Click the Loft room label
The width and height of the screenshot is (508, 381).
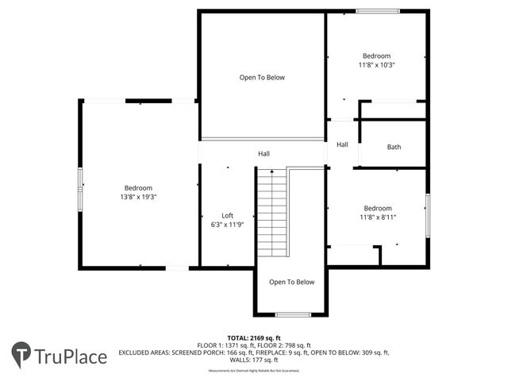point(227,215)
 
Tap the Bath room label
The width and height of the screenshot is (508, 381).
point(394,147)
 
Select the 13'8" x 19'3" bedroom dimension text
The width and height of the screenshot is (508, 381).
point(138,196)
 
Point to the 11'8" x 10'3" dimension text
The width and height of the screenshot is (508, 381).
point(376,65)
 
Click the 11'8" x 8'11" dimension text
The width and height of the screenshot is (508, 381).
point(377,217)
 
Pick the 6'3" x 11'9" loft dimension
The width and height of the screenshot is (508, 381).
point(227,225)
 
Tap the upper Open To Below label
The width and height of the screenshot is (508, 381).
point(262,78)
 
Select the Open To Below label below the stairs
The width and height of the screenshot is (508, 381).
point(291,282)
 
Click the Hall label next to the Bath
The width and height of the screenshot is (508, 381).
point(342,144)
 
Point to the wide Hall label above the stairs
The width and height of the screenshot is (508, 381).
point(264,153)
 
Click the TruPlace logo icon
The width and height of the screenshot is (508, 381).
point(21,354)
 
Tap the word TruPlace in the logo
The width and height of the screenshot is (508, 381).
point(71,356)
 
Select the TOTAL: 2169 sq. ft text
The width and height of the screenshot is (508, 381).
point(253,337)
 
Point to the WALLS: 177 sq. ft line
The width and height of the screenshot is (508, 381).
point(253,359)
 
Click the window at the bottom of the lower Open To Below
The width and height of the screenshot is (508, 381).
point(292,315)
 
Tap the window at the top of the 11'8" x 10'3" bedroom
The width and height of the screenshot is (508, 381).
point(378,11)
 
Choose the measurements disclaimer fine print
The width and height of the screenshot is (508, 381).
point(253,371)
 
